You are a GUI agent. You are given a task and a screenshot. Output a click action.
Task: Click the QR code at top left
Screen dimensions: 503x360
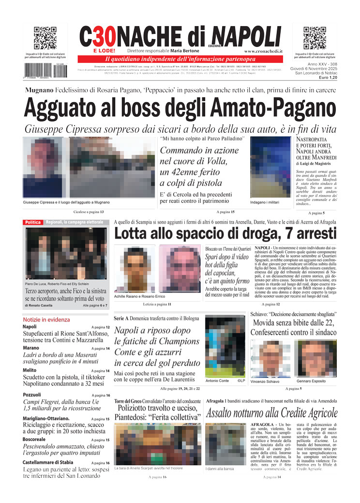coord(45,38)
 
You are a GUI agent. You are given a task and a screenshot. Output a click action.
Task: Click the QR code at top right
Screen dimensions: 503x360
coord(315,38)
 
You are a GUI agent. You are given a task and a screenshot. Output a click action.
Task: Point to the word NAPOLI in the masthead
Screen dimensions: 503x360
coord(246,37)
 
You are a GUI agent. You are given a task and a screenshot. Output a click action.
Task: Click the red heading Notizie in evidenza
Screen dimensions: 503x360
coord(46,320)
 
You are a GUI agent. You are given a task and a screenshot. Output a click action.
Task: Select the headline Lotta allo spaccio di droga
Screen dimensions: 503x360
coord(225,234)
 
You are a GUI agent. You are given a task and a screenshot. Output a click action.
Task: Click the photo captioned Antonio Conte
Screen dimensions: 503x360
coord(225,345)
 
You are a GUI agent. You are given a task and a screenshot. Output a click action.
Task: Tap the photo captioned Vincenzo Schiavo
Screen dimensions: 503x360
coord(270,358)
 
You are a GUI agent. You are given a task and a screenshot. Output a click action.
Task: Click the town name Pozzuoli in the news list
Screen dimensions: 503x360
coord(32,395)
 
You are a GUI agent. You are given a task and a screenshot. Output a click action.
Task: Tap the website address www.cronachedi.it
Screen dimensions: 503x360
coord(263,51)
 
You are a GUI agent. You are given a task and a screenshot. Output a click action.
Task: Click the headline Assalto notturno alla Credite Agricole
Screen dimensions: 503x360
coord(271,413)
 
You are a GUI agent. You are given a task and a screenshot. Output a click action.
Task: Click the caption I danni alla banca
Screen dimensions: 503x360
coord(220,469)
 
